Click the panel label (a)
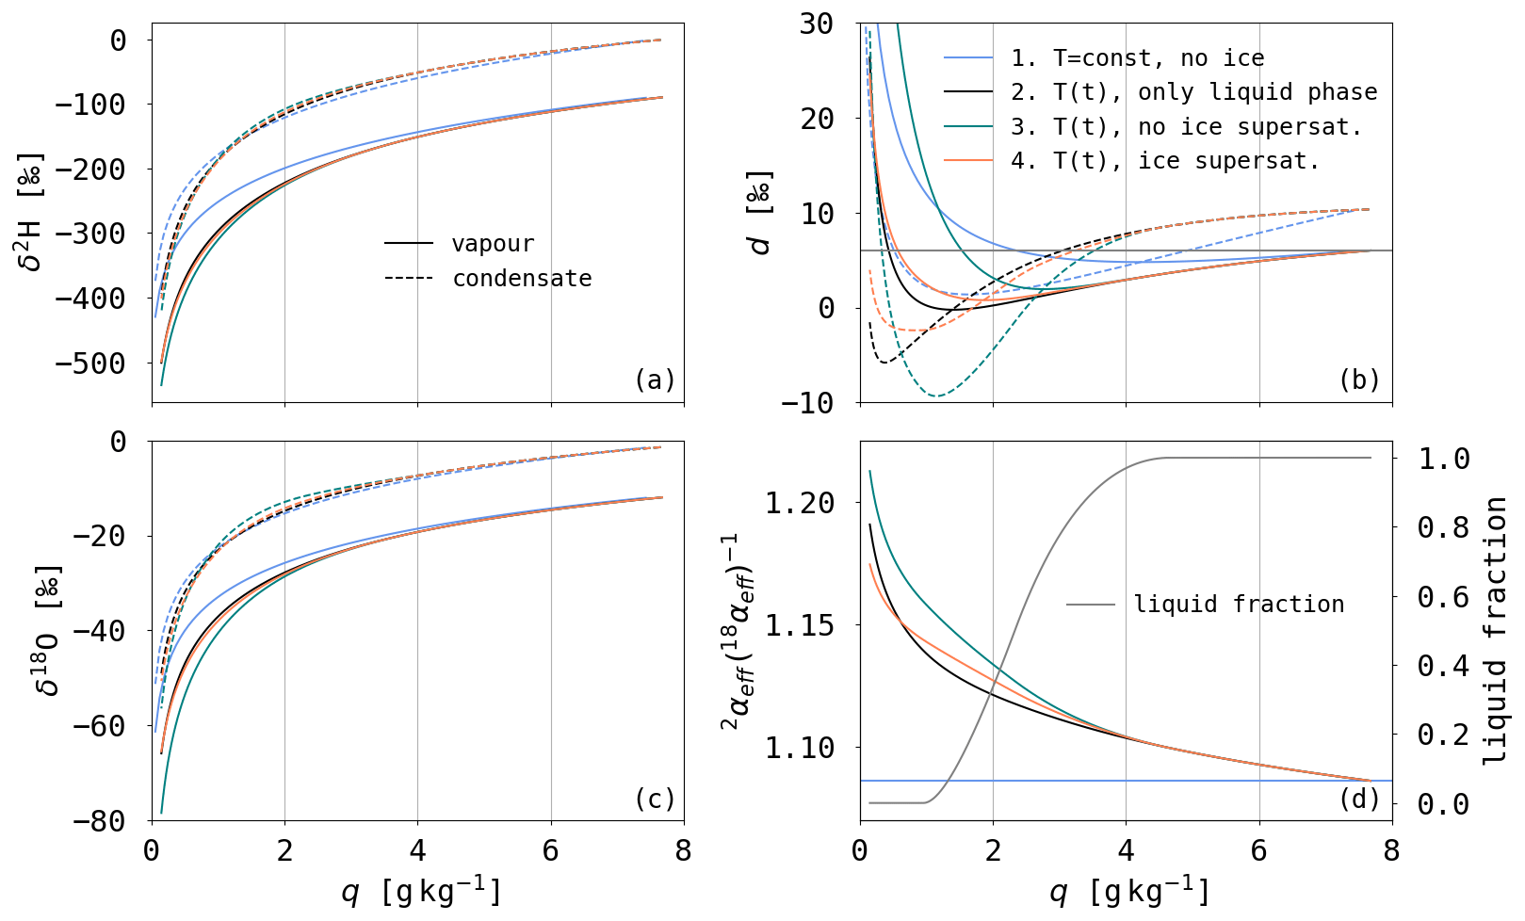pos(655,380)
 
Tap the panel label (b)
pos(1359,380)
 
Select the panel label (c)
pos(655,799)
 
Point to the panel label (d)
pos(1359,799)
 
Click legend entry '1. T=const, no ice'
pos(1137,58)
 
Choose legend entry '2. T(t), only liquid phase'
pos(1193,92)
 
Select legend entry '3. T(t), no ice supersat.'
pos(1186,126)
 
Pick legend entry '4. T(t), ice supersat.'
pos(1165,161)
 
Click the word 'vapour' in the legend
pos(493,244)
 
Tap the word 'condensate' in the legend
pos(522,279)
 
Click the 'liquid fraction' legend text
pos(1239,604)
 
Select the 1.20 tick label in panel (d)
pos(799,503)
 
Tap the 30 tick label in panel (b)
pos(816,24)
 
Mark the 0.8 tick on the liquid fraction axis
pos(1443,527)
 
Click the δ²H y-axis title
pos(31,210)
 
